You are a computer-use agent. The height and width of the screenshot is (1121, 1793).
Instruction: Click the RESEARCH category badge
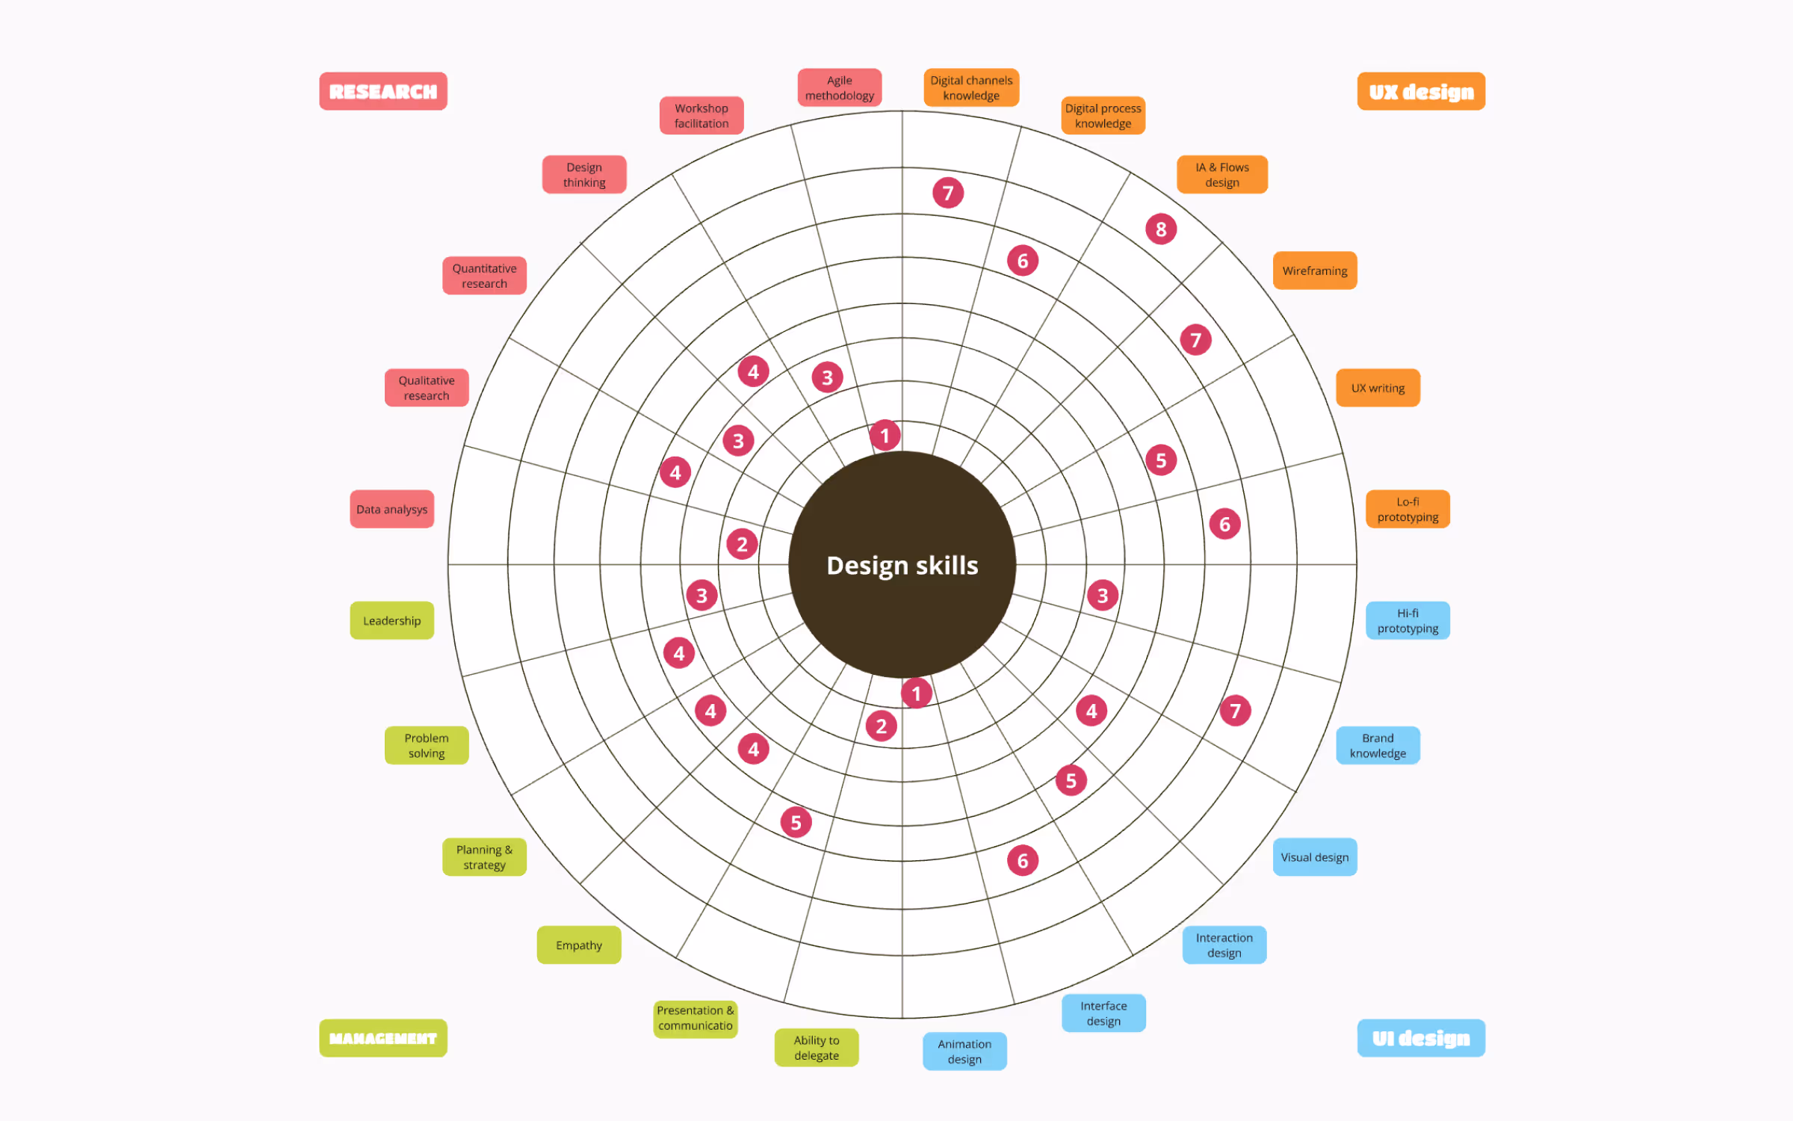[x=383, y=91]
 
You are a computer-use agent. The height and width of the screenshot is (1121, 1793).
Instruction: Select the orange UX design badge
[x=1420, y=91]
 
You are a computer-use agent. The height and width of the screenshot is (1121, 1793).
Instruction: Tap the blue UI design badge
[x=1420, y=1038]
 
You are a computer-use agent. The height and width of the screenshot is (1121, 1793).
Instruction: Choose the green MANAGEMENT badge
[x=383, y=1038]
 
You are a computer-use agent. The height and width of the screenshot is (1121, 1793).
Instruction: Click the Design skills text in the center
[x=902, y=565]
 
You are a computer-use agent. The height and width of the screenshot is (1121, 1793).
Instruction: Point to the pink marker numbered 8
[x=1160, y=229]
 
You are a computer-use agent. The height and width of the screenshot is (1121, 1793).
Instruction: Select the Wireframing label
[x=1314, y=271]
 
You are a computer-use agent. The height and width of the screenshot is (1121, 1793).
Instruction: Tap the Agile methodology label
[x=839, y=88]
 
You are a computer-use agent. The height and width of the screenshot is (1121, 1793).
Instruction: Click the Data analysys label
[x=391, y=509]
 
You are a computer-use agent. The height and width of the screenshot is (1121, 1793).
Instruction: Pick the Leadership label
[x=391, y=620]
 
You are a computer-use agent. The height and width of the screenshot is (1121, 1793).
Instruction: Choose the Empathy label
[x=578, y=945]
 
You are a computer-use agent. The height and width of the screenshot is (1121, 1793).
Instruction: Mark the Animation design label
[x=964, y=1051]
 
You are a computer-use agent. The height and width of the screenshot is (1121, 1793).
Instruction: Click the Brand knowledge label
[x=1377, y=745]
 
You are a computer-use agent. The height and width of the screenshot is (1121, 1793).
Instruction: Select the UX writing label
[x=1377, y=388]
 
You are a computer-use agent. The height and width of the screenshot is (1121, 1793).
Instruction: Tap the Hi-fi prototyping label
[x=1407, y=620]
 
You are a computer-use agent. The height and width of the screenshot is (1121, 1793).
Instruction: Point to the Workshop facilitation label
[x=701, y=116]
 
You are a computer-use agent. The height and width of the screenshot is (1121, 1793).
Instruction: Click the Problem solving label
[x=426, y=745]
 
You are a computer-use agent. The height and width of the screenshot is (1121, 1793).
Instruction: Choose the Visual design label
[x=1314, y=856]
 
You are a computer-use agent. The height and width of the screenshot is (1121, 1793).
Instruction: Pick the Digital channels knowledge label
[x=970, y=88]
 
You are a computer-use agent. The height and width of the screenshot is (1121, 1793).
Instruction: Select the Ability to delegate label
[x=816, y=1047]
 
